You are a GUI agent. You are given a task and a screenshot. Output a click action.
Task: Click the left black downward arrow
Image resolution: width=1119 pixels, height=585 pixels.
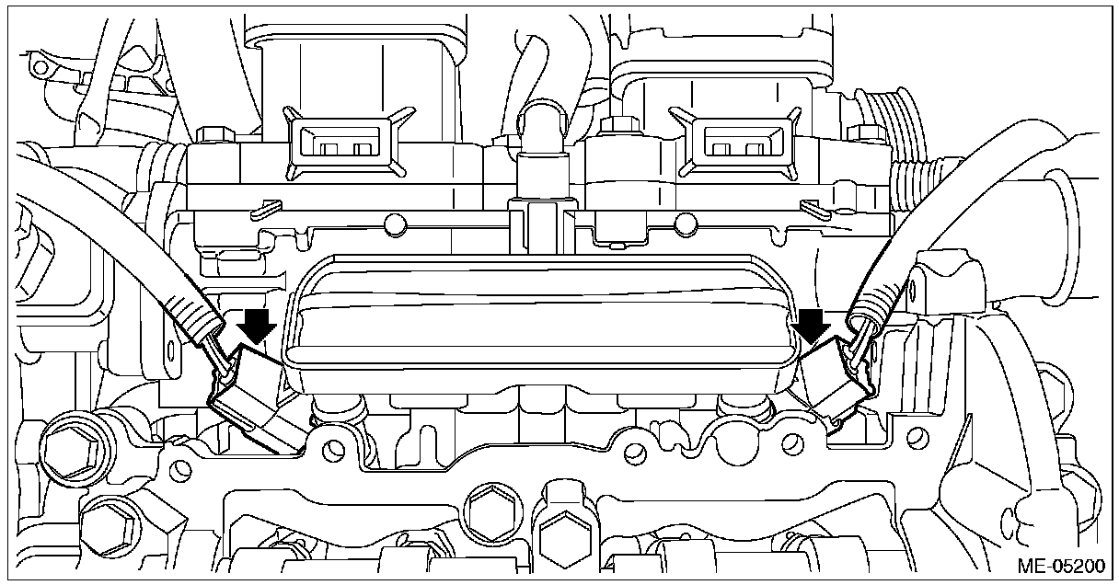tap(257, 326)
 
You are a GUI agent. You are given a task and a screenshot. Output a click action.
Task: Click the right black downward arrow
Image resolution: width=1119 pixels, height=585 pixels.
tap(812, 326)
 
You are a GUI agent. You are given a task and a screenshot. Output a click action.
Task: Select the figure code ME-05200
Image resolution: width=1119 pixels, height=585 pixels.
tap(1061, 566)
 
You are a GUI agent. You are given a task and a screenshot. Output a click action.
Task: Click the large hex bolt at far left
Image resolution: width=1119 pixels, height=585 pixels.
tap(70, 455)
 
